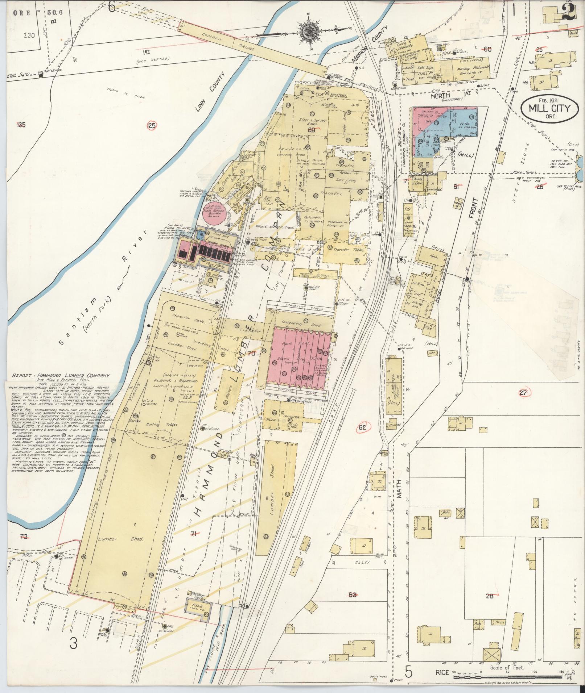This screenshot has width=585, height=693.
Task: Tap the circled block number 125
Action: (152, 126)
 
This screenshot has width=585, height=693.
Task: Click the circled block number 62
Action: (362, 427)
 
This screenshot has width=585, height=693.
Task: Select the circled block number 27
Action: (523, 393)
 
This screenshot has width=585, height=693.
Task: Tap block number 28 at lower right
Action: (490, 596)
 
